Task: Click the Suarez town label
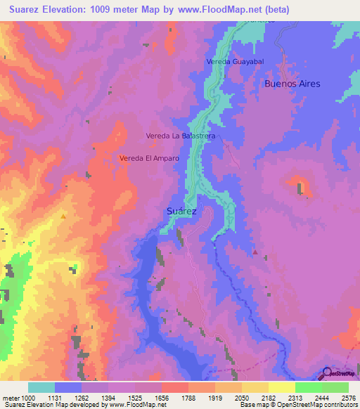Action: pyautogui.click(x=183, y=210)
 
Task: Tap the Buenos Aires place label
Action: pyautogui.click(x=292, y=84)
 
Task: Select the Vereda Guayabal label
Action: pyautogui.click(x=235, y=62)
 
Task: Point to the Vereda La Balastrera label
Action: pyautogui.click(x=179, y=135)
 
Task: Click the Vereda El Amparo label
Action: pyautogui.click(x=149, y=159)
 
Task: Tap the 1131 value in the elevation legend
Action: pyautogui.click(x=68, y=397)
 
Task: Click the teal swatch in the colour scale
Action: pyautogui.click(x=41, y=387)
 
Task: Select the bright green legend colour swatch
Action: pyautogui.click(x=308, y=387)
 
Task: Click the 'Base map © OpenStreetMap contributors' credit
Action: pyautogui.click(x=298, y=405)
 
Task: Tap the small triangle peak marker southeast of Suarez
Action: pyautogui.click(x=255, y=252)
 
